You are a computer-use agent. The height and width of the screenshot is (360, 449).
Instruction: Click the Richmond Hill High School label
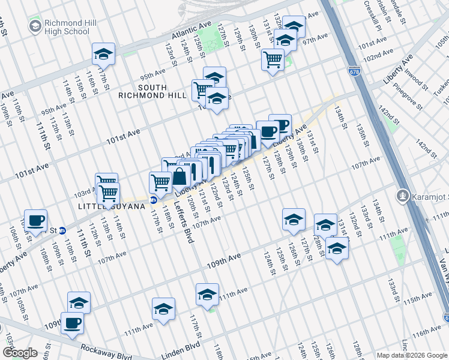[x=68, y=27]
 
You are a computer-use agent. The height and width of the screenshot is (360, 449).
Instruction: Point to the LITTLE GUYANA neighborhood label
[x=112, y=206]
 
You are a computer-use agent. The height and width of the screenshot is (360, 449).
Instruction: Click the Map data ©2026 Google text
[x=412, y=355]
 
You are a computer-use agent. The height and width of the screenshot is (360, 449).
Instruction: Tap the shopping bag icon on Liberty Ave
[x=179, y=176]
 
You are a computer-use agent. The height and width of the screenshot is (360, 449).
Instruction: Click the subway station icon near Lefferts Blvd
[x=154, y=200]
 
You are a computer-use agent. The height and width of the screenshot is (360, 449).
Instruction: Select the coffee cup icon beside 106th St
[x=35, y=220]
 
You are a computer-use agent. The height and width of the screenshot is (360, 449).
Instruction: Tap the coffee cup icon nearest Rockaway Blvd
[x=72, y=322]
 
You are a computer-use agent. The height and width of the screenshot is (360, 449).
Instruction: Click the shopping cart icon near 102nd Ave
[x=273, y=59]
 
